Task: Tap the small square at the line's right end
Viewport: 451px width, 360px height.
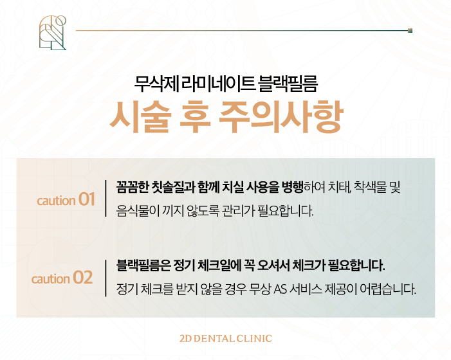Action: [410, 30]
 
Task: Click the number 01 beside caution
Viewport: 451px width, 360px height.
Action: [86, 200]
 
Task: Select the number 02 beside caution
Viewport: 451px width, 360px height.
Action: [82, 278]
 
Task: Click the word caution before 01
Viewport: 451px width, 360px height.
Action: [56, 201]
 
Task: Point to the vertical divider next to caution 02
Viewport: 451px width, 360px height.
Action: [106, 278]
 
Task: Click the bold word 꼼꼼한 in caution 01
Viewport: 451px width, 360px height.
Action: [133, 187]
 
